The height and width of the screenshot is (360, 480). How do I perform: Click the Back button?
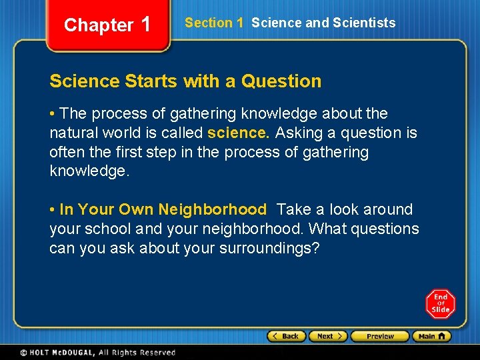point(287,336)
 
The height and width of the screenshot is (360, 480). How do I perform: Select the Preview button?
point(379,336)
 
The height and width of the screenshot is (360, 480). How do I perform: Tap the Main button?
point(431,336)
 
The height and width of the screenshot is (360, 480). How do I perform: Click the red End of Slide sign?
point(441,304)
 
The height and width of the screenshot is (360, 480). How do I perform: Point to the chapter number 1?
point(147,25)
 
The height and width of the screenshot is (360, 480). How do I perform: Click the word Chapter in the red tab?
point(99,25)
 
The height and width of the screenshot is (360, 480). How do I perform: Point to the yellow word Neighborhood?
point(212,209)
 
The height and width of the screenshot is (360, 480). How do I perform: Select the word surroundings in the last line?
point(268,248)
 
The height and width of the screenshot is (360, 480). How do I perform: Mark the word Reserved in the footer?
point(157,353)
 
